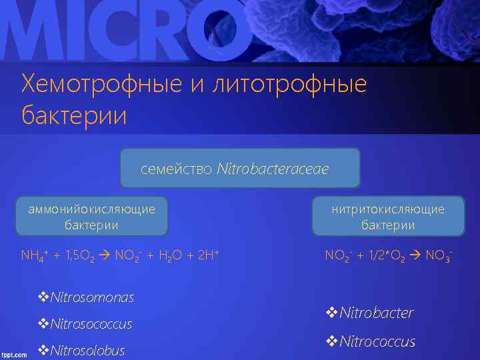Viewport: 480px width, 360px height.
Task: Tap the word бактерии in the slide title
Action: (x=74, y=115)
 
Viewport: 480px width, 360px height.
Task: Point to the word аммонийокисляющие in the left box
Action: (x=91, y=209)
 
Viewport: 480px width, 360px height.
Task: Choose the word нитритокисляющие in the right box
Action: (x=389, y=209)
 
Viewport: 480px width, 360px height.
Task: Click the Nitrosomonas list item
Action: (x=92, y=297)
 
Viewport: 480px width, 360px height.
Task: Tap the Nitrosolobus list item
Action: (x=87, y=350)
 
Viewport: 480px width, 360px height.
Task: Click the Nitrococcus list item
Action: (x=377, y=342)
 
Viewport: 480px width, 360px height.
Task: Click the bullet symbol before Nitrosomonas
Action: (x=44, y=297)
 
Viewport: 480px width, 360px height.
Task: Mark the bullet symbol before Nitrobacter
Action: (x=331, y=313)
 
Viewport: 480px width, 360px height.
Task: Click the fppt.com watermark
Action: (x=14, y=355)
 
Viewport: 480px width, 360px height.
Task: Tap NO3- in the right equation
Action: (x=440, y=256)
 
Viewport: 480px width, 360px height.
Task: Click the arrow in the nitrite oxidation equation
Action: (x=417, y=256)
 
